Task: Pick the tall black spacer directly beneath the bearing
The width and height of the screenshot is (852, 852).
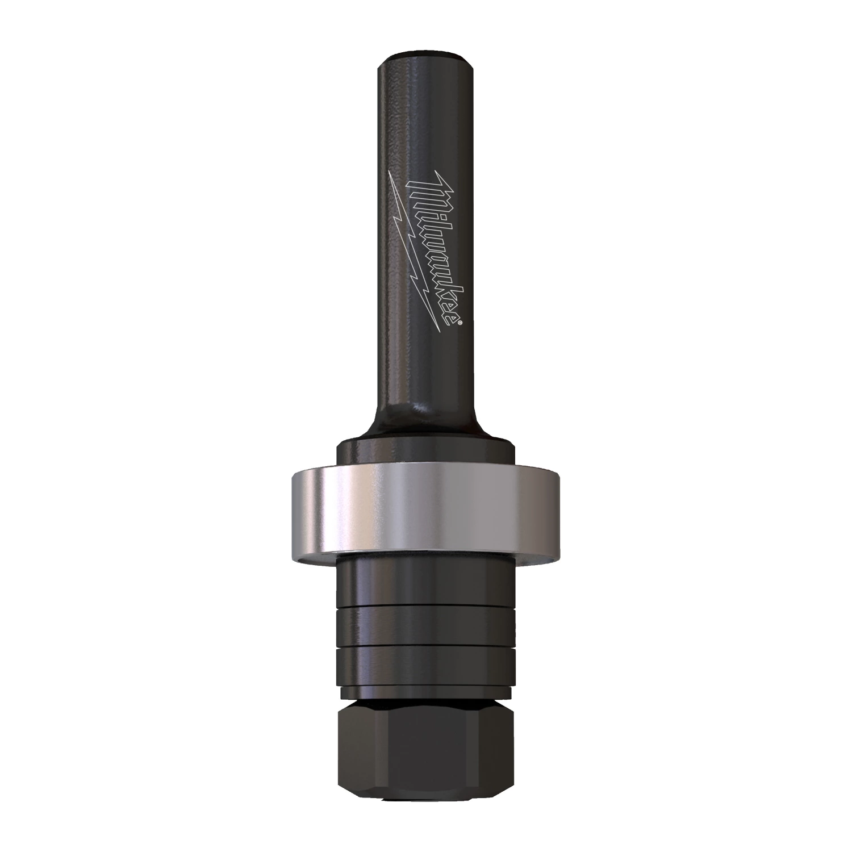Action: coord(426,582)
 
